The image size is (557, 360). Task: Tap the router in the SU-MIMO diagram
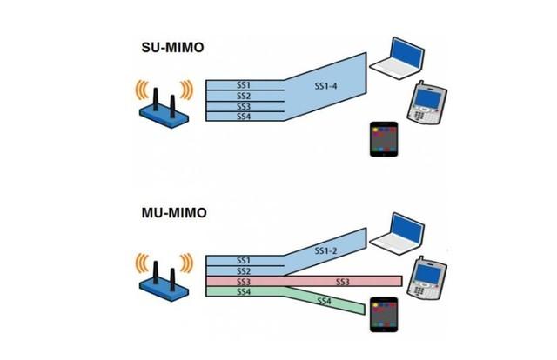coord(164,103)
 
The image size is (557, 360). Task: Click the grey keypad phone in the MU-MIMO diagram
coord(427,277)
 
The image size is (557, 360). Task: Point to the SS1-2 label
coord(325,250)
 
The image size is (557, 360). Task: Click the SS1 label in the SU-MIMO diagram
coord(244,84)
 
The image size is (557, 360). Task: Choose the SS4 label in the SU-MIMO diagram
coord(244,117)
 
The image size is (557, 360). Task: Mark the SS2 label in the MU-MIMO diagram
coord(244,271)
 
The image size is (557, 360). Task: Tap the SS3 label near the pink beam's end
coord(343,283)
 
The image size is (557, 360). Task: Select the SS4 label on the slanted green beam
coord(324,301)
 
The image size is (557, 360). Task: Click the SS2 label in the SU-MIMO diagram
coord(244,96)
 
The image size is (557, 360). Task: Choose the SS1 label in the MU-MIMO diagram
coord(244,260)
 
